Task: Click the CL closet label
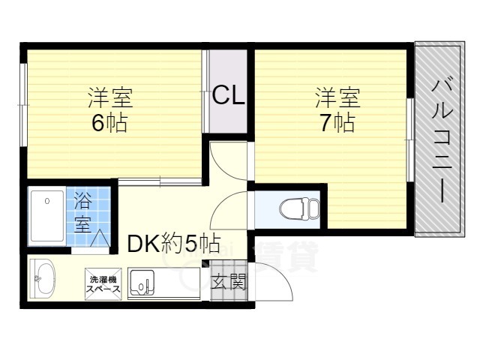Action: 228,96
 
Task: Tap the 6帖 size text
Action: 109,122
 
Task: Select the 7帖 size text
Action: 335,122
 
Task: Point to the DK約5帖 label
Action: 172,243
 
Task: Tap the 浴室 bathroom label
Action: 82,212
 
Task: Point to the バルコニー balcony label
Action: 441,139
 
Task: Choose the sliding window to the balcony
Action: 409,139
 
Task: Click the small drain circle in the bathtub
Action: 46,201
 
